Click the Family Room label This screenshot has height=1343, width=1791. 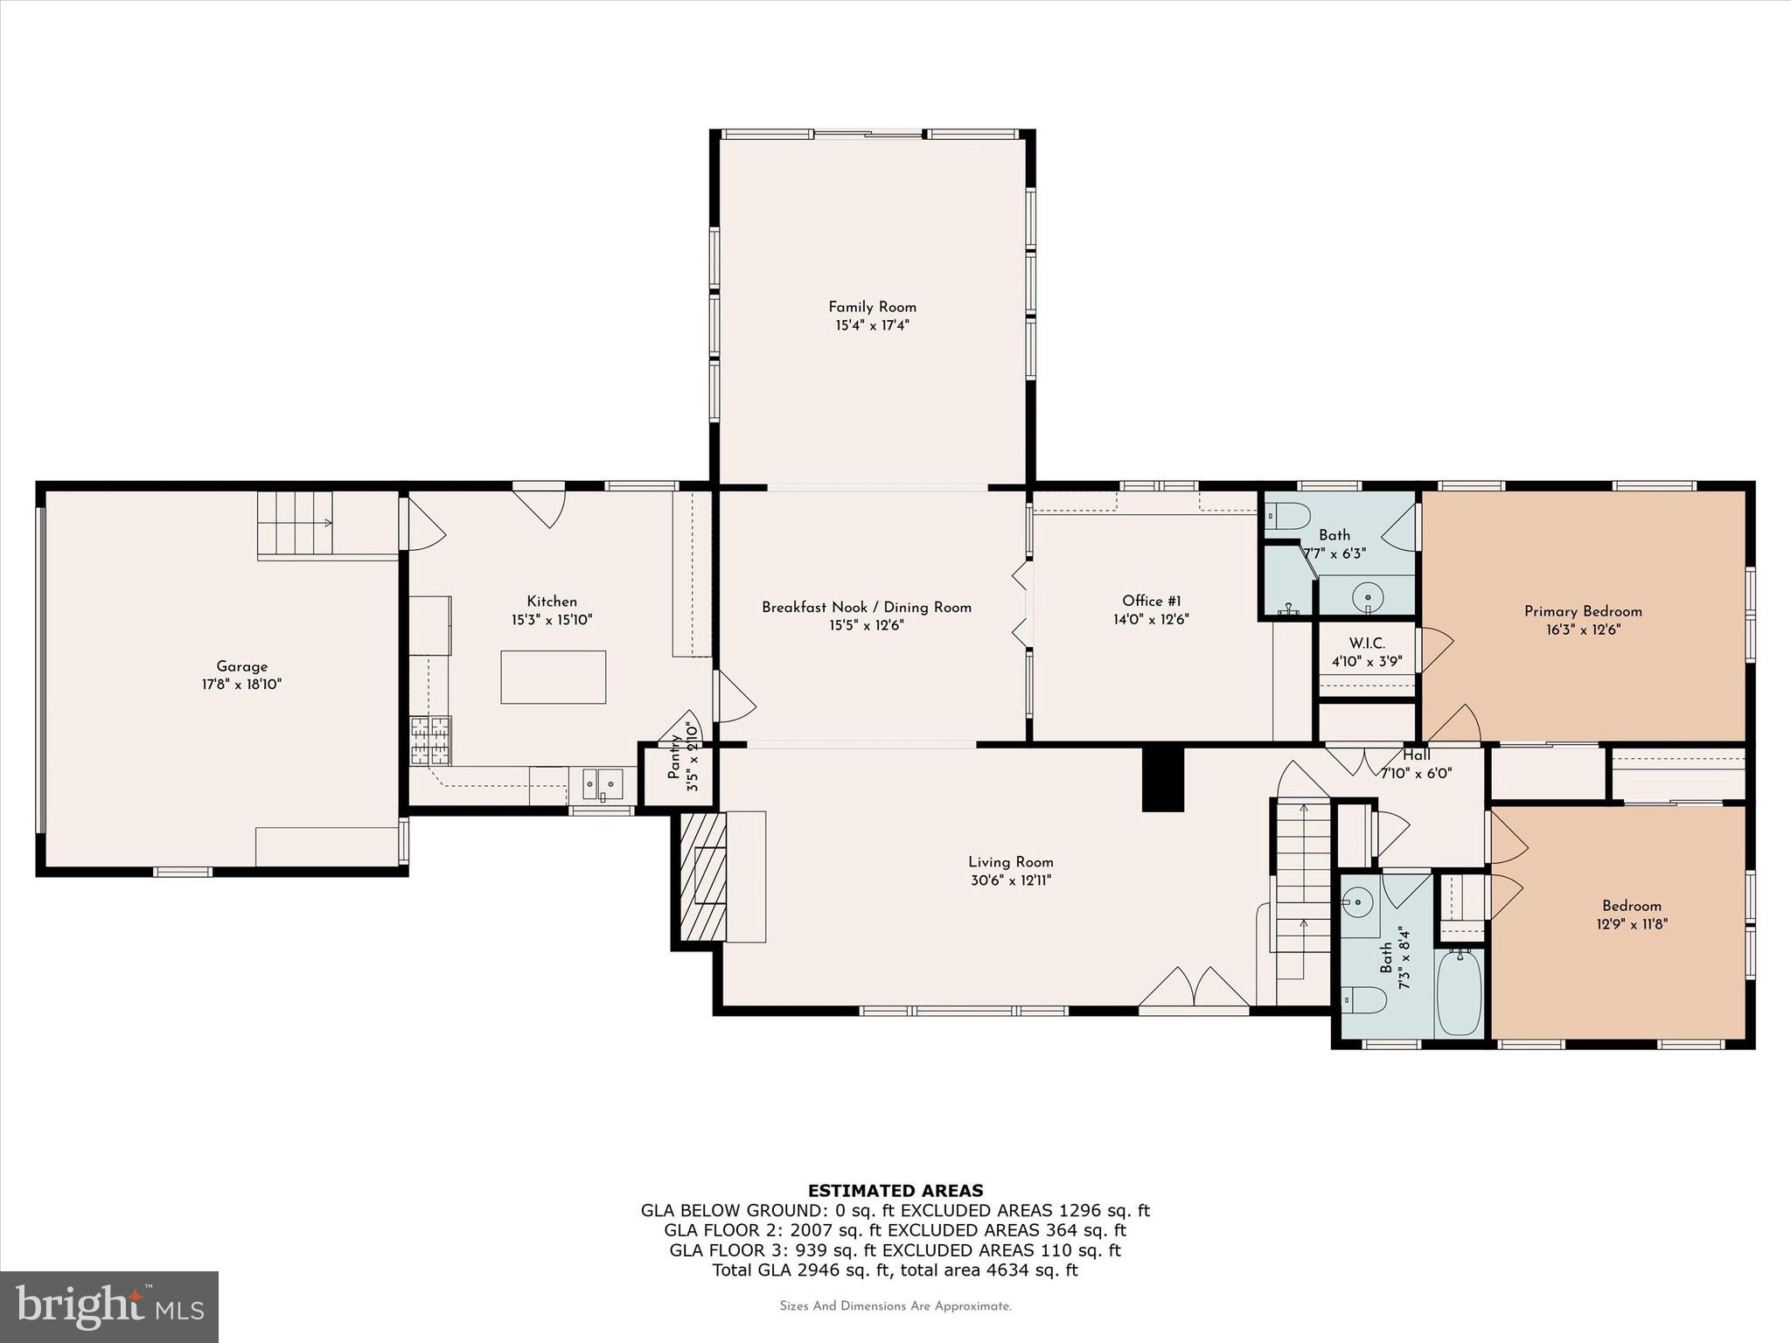click(872, 307)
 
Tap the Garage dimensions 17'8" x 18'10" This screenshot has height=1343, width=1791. click(241, 685)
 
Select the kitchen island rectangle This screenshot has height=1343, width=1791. click(553, 677)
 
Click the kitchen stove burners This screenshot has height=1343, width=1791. click(430, 740)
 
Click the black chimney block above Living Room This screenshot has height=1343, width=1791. click(1162, 779)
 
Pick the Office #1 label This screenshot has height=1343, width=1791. click(1152, 601)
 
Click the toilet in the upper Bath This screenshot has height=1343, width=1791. click(1288, 517)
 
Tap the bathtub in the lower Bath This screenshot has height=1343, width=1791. click(1459, 992)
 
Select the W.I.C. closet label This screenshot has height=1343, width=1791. click(1366, 644)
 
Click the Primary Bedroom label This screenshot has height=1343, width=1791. click(1583, 611)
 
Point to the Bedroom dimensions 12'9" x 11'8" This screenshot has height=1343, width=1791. click(1631, 923)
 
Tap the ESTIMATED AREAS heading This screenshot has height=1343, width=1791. click(895, 1190)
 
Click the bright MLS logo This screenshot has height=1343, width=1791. click(108, 1306)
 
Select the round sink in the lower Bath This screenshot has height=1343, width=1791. click(1358, 900)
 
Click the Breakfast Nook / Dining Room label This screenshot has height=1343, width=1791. click(866, 607)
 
